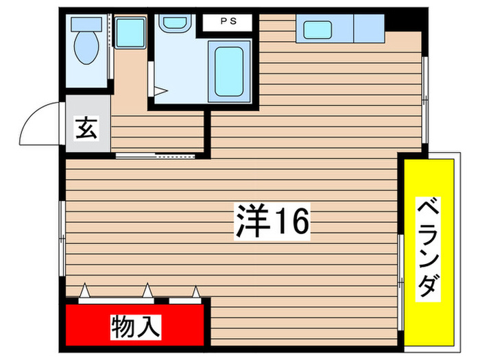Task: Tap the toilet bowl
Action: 87,50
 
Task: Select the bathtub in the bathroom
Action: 229,69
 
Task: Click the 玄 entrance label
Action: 86,128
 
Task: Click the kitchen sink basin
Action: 317,29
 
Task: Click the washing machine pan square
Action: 130,32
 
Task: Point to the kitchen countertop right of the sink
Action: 369,29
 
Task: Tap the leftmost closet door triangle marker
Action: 84,291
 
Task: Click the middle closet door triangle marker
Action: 147,291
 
